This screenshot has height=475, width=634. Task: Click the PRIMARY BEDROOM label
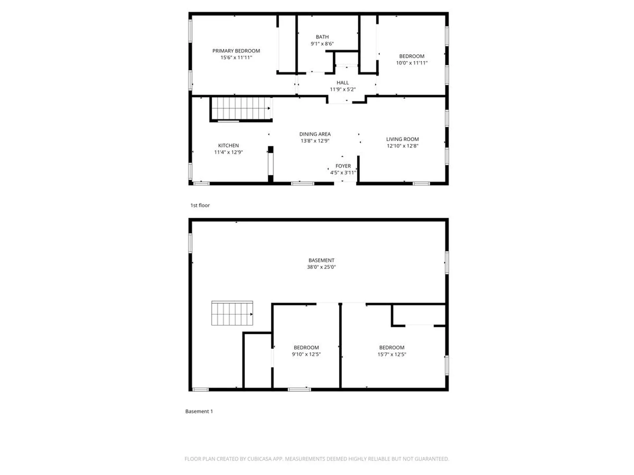236,51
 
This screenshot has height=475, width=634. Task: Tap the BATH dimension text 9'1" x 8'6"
322,44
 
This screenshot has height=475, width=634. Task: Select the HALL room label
342,83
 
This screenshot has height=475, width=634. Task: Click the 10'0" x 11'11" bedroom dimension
411,63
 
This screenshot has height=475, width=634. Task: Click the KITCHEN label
228,145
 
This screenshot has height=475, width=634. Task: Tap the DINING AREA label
315,134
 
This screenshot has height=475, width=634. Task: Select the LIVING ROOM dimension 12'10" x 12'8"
402,146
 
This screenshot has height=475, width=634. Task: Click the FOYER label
343,166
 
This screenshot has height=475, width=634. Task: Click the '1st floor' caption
200,205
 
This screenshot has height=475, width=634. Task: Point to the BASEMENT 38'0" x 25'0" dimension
321,267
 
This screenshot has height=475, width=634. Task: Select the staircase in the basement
232,313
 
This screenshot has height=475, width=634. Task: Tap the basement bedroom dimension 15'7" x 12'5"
392,354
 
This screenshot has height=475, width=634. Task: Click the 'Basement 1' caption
199,411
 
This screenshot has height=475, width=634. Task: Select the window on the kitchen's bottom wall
201,183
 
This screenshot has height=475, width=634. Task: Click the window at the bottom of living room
421,183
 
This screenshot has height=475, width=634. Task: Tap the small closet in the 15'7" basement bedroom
419,315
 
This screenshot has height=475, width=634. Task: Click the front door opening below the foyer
345,183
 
